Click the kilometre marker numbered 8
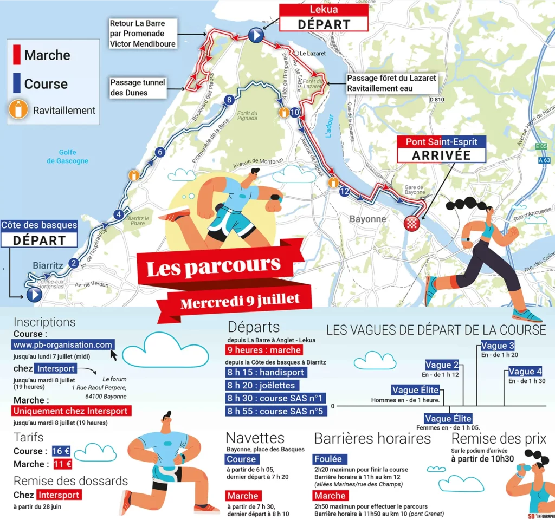229,100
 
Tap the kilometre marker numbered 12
344,192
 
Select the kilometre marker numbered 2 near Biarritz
74,264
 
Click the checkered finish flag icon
412,222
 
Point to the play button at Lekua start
256,36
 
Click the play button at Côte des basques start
34,294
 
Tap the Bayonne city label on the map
368,219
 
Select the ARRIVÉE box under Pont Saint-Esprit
441,155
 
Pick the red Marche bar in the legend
17,55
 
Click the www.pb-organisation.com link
62,344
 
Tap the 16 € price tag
61,451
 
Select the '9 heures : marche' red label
263,350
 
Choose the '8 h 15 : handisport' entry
266,373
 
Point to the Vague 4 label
525,372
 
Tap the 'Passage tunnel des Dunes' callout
137,87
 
